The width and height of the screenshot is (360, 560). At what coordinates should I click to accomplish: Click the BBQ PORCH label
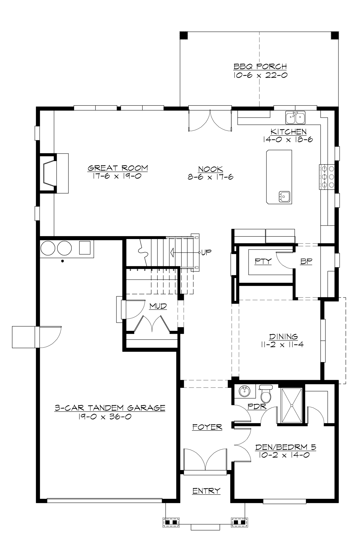tap(260, 66)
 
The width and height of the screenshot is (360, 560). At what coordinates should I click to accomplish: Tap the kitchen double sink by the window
tap(295, 117)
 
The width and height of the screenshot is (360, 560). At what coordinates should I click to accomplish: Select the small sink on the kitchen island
tap(284, 197)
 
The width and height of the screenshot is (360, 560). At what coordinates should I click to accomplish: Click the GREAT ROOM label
tap(118, 168)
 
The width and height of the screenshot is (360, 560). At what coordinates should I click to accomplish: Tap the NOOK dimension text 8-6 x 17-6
tap(211, 177)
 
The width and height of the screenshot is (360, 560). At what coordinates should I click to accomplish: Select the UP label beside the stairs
tap(206, 252)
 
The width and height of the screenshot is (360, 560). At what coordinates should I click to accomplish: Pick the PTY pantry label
tap(263, 261)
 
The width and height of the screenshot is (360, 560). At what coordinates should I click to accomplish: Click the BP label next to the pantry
tap(306, 261)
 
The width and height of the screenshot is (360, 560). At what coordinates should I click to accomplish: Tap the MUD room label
tap(158, 306)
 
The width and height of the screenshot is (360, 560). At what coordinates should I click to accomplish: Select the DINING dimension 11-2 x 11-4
tap(282, 345)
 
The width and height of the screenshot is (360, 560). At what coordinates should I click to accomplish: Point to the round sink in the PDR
tap(244, 391)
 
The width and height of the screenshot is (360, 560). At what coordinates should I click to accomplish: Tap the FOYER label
tap(207, 427)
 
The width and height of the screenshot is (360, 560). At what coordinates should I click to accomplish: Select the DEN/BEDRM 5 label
tap(286, 447)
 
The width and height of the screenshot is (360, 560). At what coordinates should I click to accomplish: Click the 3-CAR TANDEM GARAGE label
tap(110, 408)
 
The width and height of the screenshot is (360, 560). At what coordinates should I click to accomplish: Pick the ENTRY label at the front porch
tap(206, 491)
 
